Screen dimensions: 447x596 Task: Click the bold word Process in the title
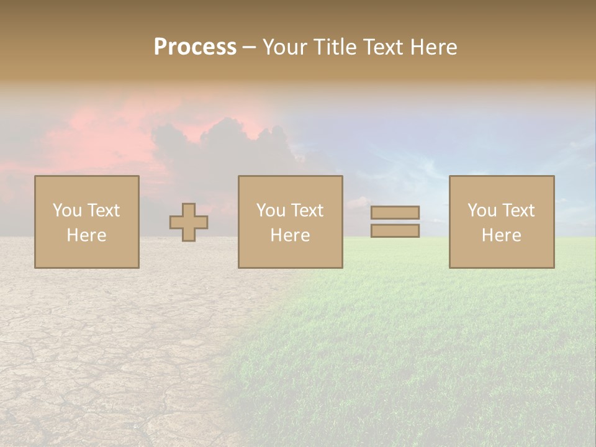tap(195, 47)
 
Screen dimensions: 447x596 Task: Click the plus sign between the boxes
tap(189, 222)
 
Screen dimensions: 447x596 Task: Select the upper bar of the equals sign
tap(395, 212)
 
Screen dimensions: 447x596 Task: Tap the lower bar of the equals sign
tap(395, 231)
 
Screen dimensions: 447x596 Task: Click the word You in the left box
tap(66, 210)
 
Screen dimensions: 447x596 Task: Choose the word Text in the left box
tap(103, 210)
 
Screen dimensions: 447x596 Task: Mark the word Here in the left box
tap(86, 235)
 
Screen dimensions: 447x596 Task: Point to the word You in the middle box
tap(270, 210)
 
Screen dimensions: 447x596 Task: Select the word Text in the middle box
tap(307, 210)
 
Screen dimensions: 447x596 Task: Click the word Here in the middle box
tap(290, 235)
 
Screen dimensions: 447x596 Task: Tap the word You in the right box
tap(481, 210)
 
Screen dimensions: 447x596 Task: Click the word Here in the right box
tap(501, 235)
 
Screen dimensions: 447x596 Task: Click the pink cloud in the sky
tap(106, 133)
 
